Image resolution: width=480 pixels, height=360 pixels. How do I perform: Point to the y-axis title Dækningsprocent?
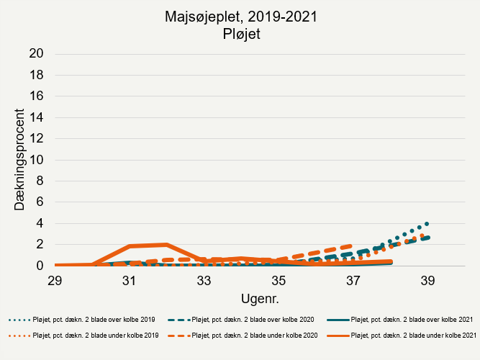(x=21, y=160)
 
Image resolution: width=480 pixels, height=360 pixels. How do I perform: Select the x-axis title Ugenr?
(x=241, y=297)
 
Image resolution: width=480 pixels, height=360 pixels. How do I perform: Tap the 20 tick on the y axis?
(x=37, y=54)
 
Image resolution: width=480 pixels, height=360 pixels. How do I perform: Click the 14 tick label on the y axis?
(x=37, y=117)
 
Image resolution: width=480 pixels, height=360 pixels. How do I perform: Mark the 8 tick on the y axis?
(x=41, y=181)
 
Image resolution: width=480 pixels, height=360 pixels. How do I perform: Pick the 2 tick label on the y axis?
(x=41, y=245)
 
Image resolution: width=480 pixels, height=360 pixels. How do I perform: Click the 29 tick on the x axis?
(x=55, y=280)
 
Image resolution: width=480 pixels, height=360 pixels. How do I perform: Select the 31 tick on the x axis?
(x=130, y=280)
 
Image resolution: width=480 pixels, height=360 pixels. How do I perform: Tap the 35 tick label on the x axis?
(x=279, y=280)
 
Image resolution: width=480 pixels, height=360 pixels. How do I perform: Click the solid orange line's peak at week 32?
(x=167, y=245)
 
